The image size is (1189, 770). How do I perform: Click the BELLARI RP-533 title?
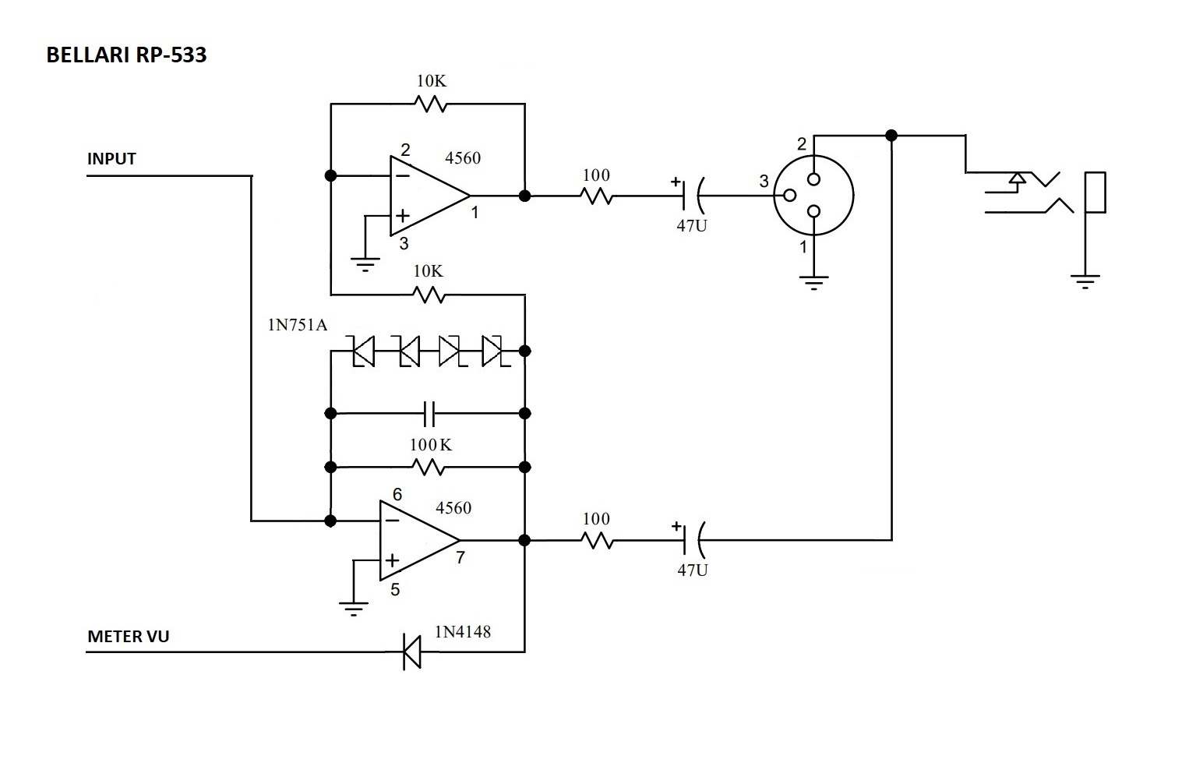tap(126, 55)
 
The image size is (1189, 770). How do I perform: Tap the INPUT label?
tap(111, 159)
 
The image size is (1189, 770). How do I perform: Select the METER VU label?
tap(128, 637)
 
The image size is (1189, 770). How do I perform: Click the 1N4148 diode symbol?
tap(411, 652)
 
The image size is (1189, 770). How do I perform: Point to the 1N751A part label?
tap(298, 324)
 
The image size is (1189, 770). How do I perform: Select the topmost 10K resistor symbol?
tap(430, 104)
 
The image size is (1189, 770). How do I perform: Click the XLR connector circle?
tap(813, 196)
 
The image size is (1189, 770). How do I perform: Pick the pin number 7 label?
tap(460, 558)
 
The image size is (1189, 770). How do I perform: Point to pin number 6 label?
tap(397, 495)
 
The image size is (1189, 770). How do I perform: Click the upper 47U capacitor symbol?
tap(692, 195)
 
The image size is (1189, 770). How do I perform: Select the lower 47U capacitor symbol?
tap(692, 539)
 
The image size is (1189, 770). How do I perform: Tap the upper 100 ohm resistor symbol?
tap(596, 196)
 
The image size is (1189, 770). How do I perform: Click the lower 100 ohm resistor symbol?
tap(596, 539)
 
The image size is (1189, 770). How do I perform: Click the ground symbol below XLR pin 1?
tap(813, 281)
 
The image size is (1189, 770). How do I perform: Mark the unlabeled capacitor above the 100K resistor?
tap(429, 413)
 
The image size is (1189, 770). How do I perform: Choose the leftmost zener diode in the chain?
tap(363, 351)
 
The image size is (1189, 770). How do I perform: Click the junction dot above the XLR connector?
tap(891, 136)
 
